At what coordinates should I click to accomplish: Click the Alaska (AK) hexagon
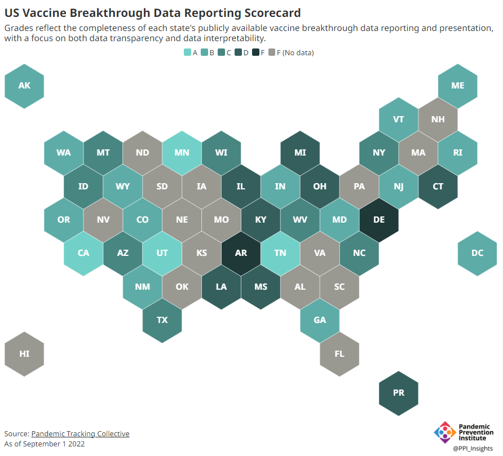click(24, 86)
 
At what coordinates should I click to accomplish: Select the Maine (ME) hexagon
click(458, 86)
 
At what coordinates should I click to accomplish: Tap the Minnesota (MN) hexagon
click(182, 153)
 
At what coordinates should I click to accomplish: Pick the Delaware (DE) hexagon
click(379, 220)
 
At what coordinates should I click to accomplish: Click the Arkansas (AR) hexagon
click(241, 253)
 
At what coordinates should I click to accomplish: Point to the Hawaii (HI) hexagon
click(24, 354)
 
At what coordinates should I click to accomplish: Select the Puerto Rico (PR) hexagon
click(399, 393)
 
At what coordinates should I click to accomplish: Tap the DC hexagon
click(477, 253)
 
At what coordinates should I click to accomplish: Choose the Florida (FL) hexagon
click(339, 354)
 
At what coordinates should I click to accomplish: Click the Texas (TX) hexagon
click(162, 320)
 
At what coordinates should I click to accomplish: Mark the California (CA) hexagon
click(83, 253)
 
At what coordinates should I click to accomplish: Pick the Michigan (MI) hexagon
click(300, 153)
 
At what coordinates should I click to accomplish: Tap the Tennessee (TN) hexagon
click(280, 253)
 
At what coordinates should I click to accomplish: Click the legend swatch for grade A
click(188, 53)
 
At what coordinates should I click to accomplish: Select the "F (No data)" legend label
click(295, 53)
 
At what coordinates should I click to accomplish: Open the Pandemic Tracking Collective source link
click(80, 433)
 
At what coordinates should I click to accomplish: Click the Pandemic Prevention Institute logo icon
click(445, 432)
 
